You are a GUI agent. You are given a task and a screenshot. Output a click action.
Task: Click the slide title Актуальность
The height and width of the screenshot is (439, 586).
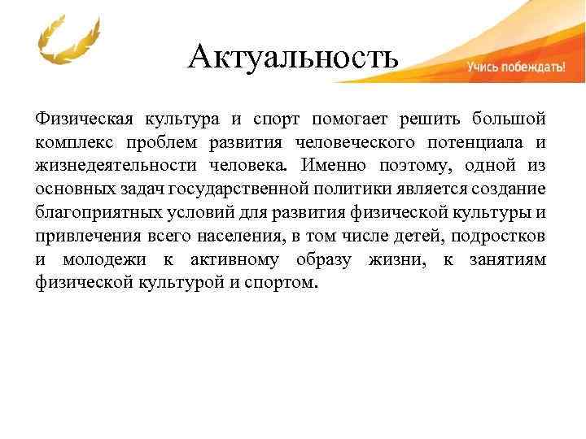(x=293, y=57)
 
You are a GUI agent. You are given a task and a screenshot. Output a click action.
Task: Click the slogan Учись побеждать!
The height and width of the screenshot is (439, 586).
(x=515, y=68)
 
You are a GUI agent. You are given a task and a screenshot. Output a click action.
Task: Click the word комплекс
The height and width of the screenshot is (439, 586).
(x=72, y=143)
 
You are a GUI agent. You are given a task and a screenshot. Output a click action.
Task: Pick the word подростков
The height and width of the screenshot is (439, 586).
(x=499, y=237)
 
